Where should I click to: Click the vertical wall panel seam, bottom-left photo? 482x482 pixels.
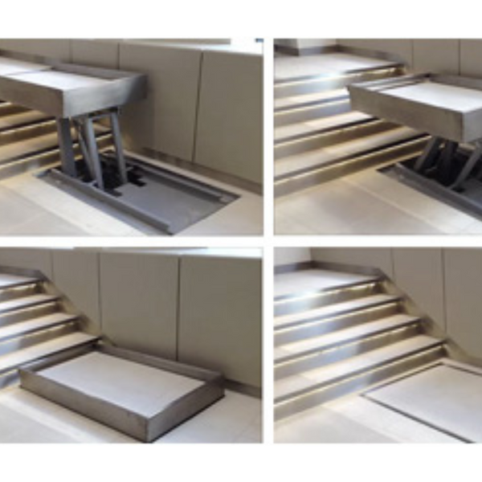pos(100,297)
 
